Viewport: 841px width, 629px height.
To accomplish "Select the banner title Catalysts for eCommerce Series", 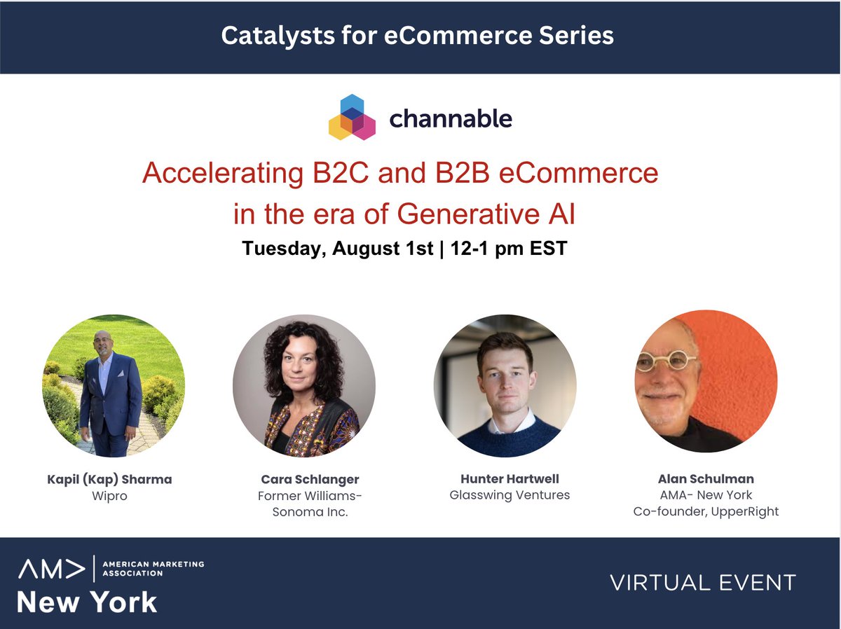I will (418, 35).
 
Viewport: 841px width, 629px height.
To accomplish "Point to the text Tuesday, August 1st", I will (338, 249).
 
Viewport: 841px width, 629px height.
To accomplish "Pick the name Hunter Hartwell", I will (510, 479).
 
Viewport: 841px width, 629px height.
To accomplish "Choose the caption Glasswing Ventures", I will (510, 495).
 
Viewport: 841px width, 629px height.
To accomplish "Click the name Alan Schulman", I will (706, 479).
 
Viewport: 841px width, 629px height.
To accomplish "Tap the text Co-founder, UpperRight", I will (706, 512).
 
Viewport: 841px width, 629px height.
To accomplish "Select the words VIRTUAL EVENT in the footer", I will (702, 582).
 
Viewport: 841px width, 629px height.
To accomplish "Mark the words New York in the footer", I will (87, 602).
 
